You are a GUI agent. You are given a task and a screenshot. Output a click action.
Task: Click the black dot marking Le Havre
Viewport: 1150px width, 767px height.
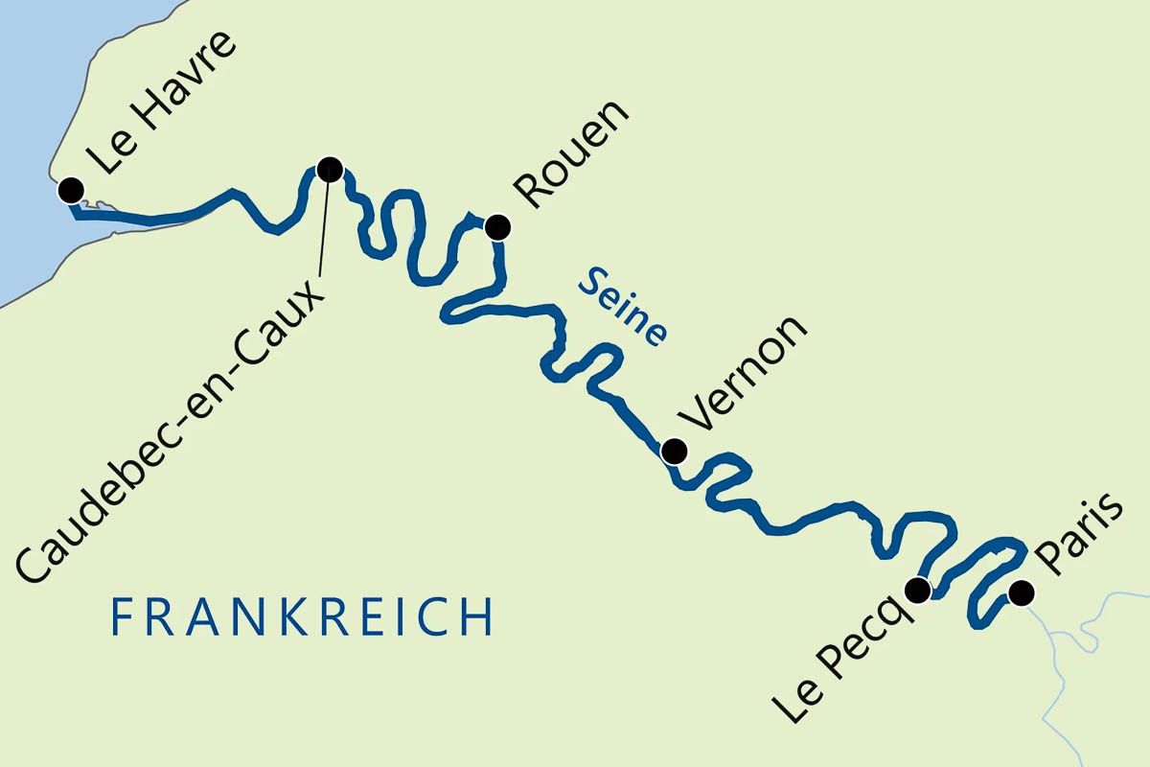tap(70, 190)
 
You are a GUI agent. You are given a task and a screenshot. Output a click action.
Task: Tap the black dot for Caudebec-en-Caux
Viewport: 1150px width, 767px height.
tap(329, 170)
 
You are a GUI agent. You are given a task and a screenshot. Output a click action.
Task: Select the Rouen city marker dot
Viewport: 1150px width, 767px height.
tap(496, 227)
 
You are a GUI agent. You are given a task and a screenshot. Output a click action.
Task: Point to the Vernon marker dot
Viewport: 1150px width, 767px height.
tap(675, 451)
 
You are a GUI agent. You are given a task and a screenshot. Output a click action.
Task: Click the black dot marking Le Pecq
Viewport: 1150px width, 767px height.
tap(917, 590)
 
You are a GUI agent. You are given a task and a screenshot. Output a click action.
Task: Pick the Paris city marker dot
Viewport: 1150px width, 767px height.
tap(1022, 593)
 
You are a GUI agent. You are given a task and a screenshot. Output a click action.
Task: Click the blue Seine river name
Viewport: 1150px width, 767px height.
tap(624, 305)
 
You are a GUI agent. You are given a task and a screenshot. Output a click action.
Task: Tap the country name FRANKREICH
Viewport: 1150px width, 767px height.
tap(302, 617)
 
